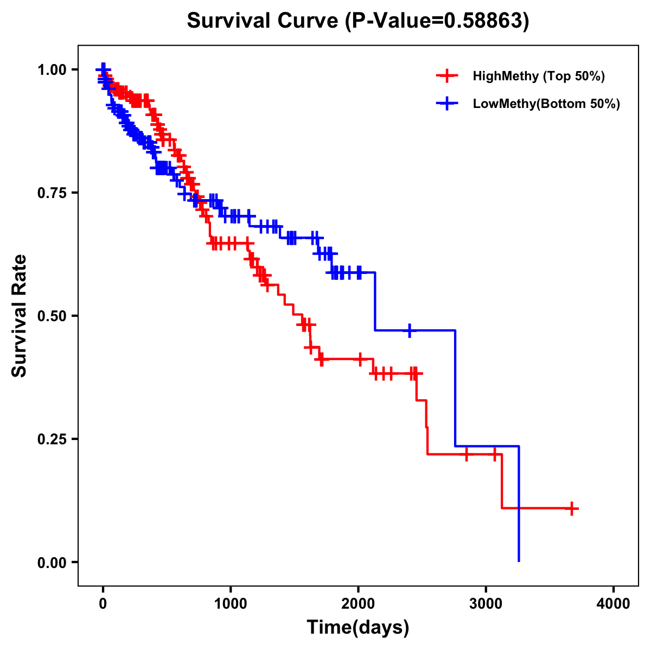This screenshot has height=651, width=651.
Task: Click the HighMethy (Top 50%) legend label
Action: [x=539, y=76]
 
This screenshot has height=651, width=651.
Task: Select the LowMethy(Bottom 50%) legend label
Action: [x=546, y=104]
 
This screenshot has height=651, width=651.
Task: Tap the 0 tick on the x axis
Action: [x=103, y=603]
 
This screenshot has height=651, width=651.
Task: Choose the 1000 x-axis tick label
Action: [x=231, y=603]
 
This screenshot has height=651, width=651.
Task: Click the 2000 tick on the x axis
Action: [x=358, y=603]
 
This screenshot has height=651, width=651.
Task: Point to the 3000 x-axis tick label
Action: [x=486, y=603]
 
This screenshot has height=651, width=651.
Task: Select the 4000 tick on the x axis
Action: [x=614, y=603]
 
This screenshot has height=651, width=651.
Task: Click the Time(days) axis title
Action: [x=358, y=628]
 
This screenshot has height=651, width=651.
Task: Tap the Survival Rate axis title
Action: [x=20, y=316]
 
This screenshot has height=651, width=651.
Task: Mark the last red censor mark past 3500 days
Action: [x=571, y=508]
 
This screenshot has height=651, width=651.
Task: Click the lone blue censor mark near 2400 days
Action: [x=410, y=330]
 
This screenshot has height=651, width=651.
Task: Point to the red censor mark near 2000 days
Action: [x=359, y=359]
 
